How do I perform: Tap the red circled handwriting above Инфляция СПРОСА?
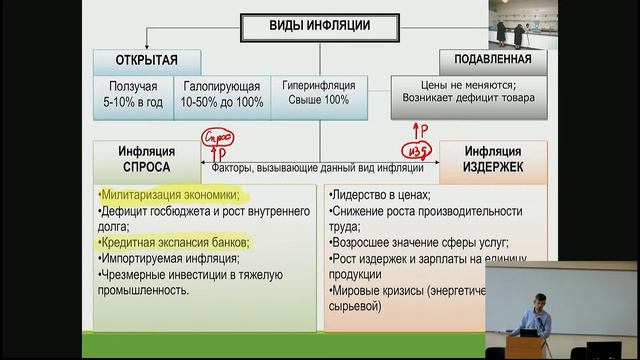point(217,137)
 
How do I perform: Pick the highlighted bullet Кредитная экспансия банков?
point(174,243)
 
